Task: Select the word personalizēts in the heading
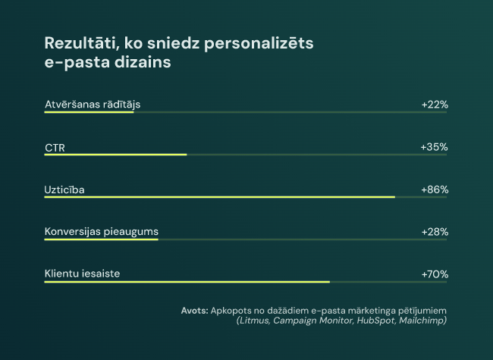click(259, 44)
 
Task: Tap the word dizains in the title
click(143, 61)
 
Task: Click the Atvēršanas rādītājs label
click(93, 105)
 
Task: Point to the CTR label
click(55, 148)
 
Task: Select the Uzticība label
click(64, 189)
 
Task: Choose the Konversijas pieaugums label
click(102, 232)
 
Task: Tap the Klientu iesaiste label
click(83, 274)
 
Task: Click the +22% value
click(435, 105)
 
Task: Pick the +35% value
click(434, 147)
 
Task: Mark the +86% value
click(435, 189)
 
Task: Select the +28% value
click(435, 232)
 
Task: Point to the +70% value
click(435, 274)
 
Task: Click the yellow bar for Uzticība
click(220, 197)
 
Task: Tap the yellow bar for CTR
click(115, 155)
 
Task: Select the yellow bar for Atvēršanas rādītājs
click(89, 112)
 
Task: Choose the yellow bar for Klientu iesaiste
click(187, 282)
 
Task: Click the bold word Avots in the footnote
click(195, 311)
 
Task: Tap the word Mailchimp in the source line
click(421, 321)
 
